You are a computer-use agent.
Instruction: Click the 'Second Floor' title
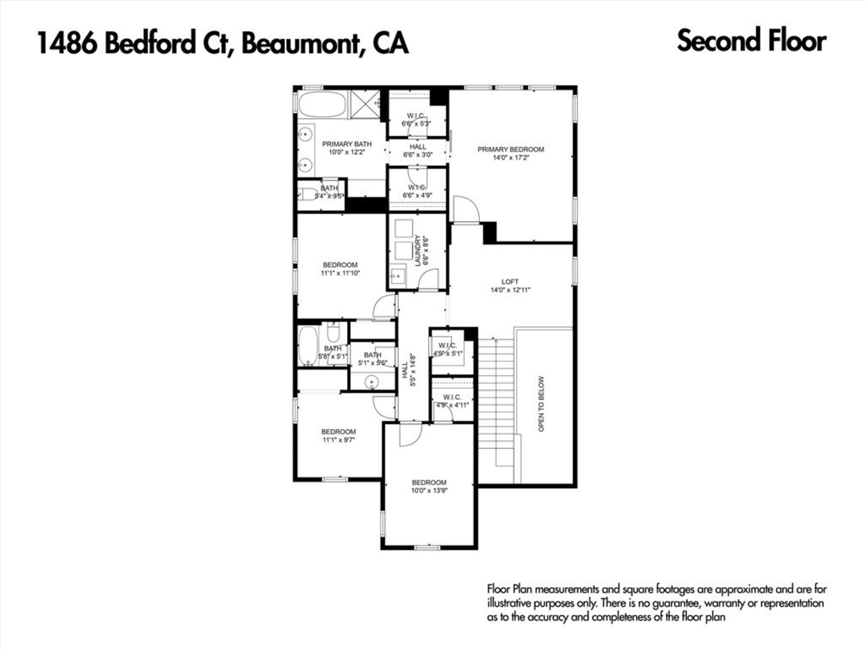click(751, 41)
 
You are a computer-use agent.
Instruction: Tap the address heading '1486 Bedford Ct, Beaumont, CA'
click(222, 43)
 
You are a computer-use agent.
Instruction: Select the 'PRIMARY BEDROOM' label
click(510, 149)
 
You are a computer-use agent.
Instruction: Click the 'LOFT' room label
click(510, 282)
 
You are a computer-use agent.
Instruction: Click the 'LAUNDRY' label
click(417, 251)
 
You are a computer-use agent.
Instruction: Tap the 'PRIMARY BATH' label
click(347, 144)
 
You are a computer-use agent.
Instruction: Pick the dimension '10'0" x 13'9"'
click(429, 491)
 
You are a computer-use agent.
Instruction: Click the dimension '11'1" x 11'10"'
click(340, 273)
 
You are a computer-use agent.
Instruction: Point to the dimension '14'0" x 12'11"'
click(510, 290)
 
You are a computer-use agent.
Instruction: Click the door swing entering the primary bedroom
click(465, 210)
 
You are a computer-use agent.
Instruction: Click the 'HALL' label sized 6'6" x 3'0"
click(418, 147)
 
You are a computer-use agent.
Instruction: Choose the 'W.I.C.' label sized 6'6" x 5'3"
click(415, 115)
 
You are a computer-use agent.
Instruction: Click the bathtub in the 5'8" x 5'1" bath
click(308, 346)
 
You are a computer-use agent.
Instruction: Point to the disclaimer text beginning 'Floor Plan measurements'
click(656, 602)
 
